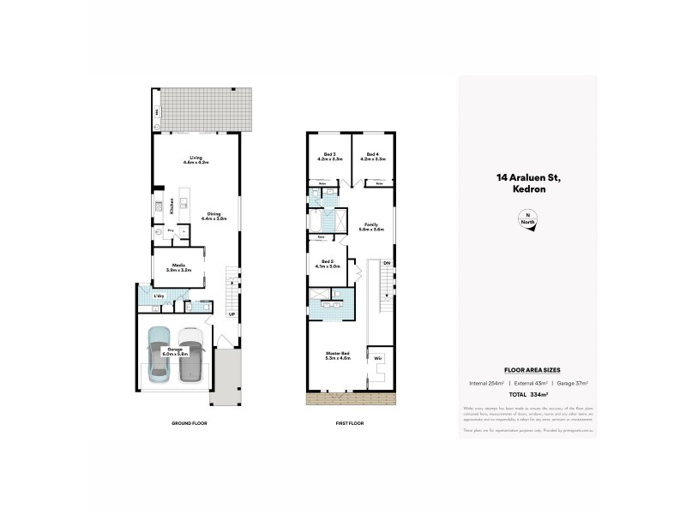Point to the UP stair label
click(232, 314)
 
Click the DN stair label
click(387, 263)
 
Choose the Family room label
click(370, 226)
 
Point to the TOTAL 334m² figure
click(527, 396)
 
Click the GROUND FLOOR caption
click(190, 424)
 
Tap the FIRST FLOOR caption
click(351, 424)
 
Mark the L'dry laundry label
click(159, 296)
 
